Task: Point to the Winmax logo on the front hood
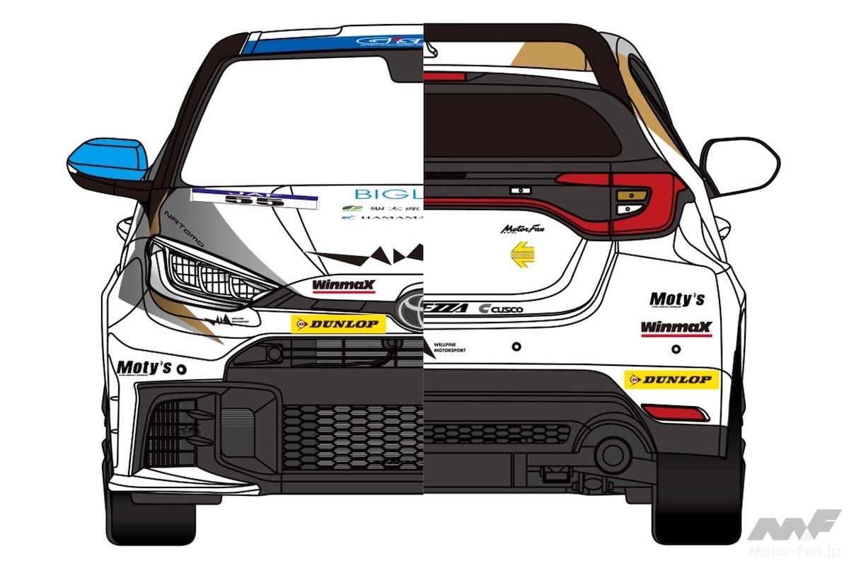(344, 286)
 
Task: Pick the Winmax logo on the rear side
(676, 328)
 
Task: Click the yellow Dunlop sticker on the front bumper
(339, 324)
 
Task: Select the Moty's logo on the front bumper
(144, 367)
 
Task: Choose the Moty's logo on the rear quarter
(677, 299)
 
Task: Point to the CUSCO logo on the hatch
(500, 308)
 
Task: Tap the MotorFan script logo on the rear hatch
(521, 229)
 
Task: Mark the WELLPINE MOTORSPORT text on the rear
(451, 347)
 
